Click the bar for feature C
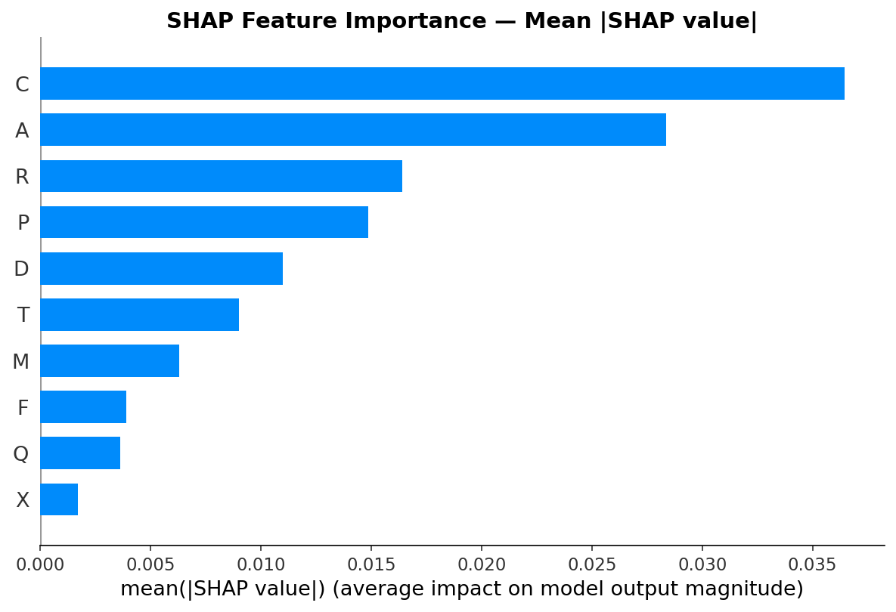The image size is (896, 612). (x=442, y=84)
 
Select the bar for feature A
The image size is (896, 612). (x=353, y=130)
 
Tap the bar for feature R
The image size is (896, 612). (x=221, y=176)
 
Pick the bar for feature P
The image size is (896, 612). (x=204, y=222)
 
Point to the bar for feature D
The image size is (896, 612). (x=161, y=268)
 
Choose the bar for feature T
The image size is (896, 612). (x=139, y=314)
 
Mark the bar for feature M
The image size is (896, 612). (x=110, y=360)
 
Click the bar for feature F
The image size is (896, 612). (x=83, y=406)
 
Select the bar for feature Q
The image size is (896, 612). (x=80, y=453)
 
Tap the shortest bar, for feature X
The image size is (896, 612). (x=59, y=499)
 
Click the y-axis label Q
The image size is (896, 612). (x=21, y=454)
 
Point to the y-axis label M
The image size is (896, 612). (x=21, y=362)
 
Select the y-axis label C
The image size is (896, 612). (x=22, y=85)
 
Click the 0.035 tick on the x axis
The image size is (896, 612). (x=812, y=564)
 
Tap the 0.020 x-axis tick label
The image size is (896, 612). (x=482, y=564)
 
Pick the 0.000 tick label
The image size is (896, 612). (x=40, y=564)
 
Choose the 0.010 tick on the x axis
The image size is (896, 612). (x=261, y=564)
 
